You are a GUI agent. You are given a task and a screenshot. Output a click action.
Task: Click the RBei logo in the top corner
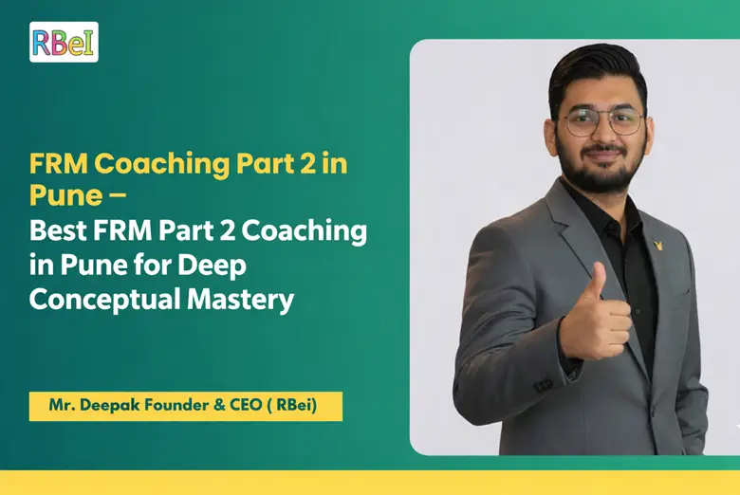64,42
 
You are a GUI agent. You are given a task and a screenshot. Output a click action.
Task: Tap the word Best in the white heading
56,229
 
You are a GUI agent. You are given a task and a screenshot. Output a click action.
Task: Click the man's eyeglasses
599,122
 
